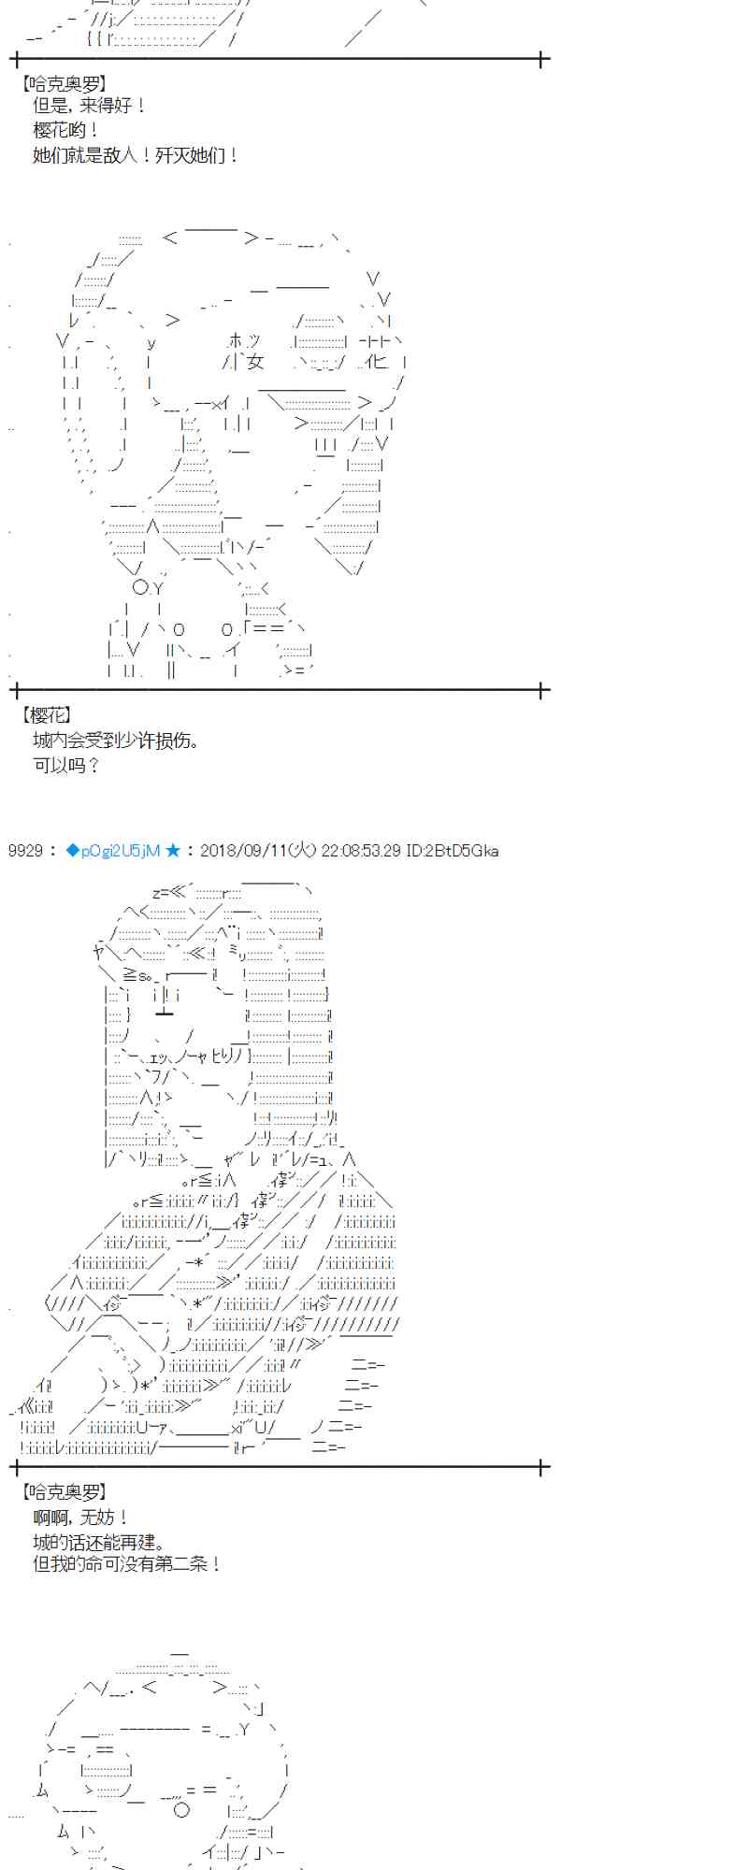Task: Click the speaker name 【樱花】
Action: tap(46, 715)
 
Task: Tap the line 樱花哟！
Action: tap(66, 130)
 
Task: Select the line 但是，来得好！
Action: tap(90, 106)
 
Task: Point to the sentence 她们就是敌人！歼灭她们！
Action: tap(137, 155)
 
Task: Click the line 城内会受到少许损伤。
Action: tap(117, 741)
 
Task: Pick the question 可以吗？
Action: tap(66, 765)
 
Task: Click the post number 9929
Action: tap(25, 851)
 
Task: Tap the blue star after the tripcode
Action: tap(173, 851)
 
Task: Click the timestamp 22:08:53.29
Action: tap(361, 851)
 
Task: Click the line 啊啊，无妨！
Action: tap(80, 1518)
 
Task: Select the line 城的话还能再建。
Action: tap(99, 1542)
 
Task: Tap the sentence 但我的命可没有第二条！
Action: tap(127, 1563)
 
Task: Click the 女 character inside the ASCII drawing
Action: tap(255, 362)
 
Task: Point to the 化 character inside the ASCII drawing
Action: tap(376, 362)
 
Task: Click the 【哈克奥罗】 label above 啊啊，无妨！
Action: tap(64, 1492)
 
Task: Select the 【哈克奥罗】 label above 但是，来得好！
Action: tap(64, 82)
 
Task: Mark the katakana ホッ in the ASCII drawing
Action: tap(244, 341)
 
